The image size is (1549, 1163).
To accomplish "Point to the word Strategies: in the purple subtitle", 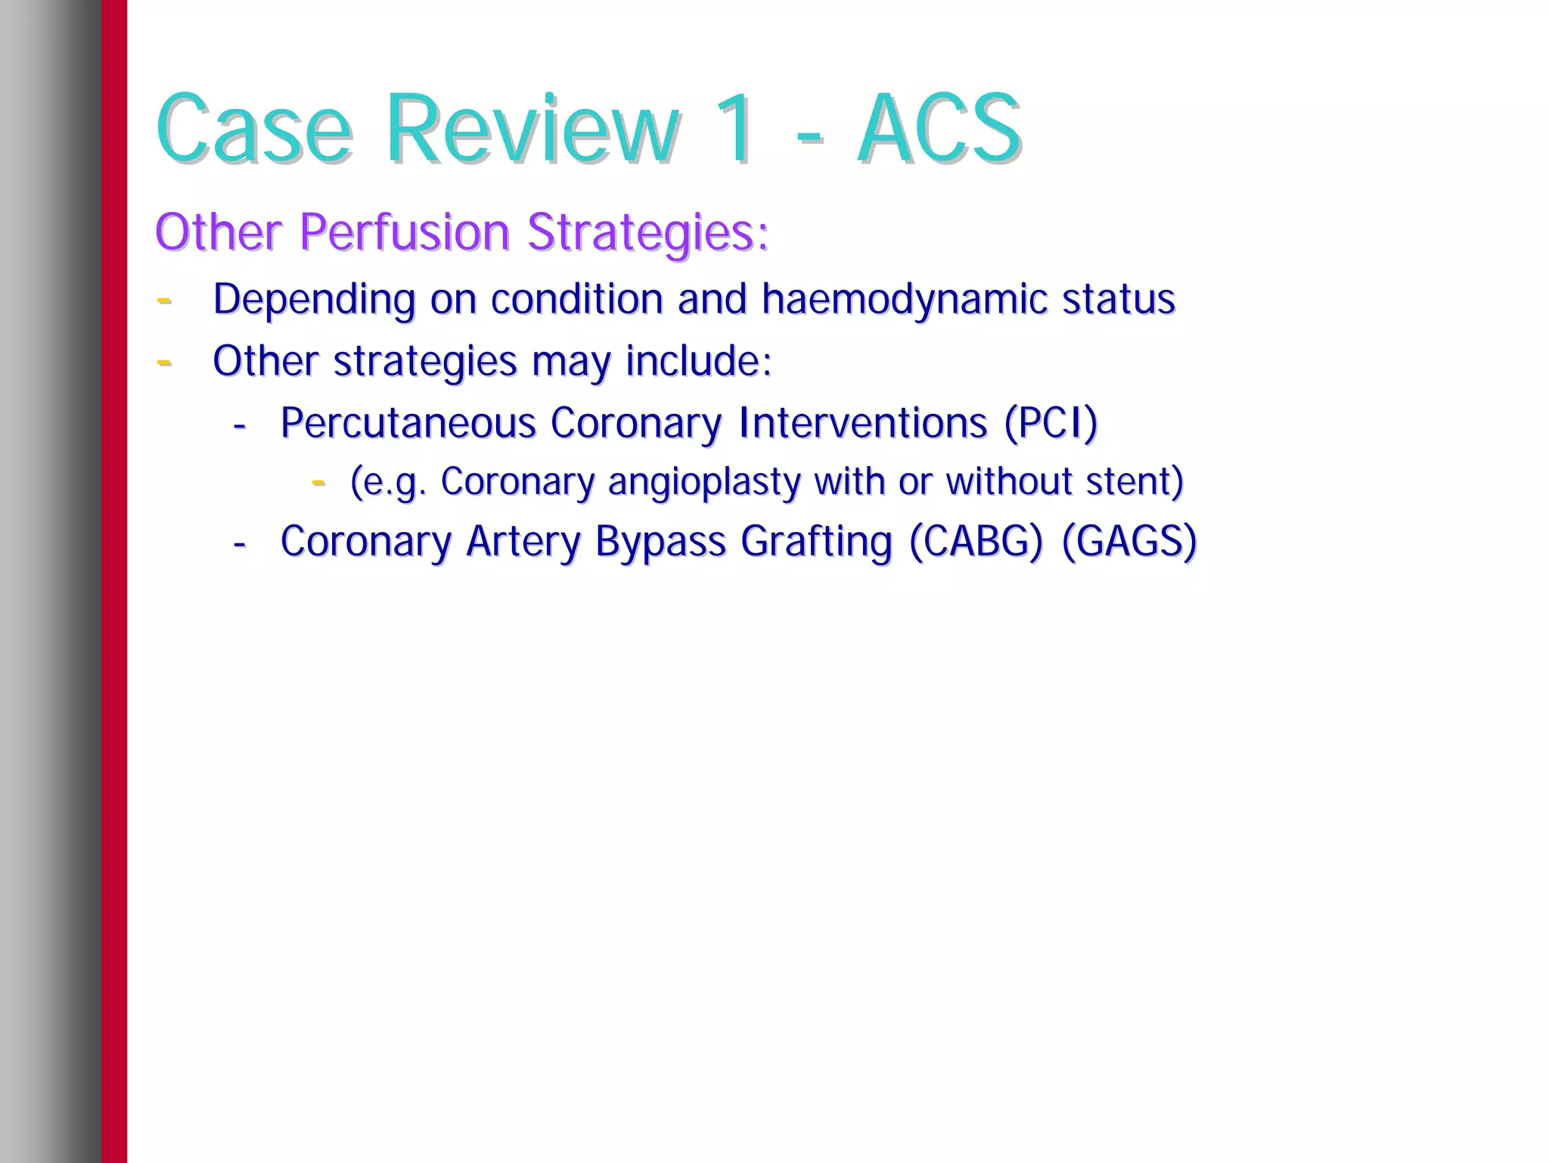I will click(647, 232).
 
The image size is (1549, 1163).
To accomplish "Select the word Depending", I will click(314, 300).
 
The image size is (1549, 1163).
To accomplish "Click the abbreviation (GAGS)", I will click(1129, 542).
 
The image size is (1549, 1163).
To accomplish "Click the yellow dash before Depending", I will click(163, 300).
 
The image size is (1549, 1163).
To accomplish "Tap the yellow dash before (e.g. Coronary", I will click(318, 481).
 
